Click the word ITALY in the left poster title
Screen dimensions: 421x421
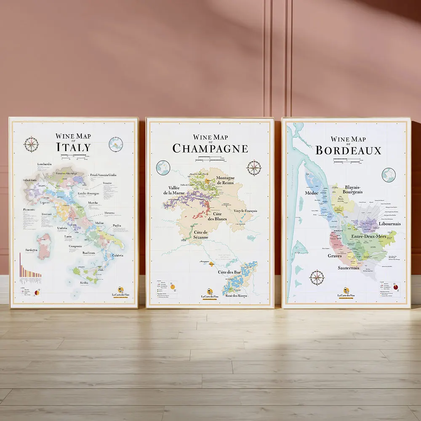tap(73, 147)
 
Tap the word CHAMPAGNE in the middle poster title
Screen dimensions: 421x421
tap(210, 148)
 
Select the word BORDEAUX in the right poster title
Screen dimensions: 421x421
tap(348, 150)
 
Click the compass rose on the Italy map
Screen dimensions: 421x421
tap(31, 144)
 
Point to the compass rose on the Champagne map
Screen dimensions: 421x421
tap(254, 168)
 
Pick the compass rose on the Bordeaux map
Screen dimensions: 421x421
tap(317, 277)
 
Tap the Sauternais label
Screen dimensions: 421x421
tap(348, 267)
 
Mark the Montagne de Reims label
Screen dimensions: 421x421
tap(226, 181)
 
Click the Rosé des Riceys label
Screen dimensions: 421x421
tap(236, 296)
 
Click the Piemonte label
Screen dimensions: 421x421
tap(29, 209)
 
